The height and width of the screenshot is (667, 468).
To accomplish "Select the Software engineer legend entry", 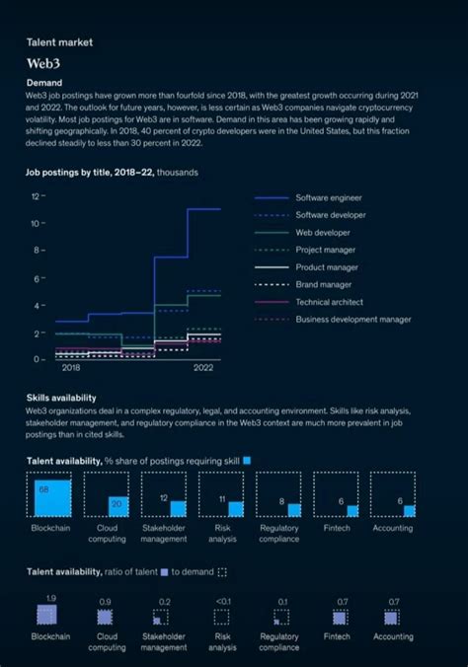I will tap(330, 197).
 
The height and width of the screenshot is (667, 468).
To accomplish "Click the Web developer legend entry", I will tap(322, 232).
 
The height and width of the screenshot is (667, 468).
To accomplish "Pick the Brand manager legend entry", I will tap(325, 284).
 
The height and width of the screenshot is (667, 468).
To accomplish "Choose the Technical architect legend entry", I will tap(329, 302).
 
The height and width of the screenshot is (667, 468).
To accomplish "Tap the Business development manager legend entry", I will tap(352, 319).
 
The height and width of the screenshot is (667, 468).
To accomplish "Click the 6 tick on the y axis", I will tap(38, 278).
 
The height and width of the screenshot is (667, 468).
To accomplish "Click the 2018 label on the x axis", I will tap(71, 367).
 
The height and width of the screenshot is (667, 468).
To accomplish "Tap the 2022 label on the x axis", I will tap(203, 367).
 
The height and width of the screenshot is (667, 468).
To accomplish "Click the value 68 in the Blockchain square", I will tap(43, 488).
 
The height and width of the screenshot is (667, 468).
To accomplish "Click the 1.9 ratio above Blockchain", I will tap(50, 599).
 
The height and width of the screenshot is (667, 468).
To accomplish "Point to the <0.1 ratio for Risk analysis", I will tap(222, 601).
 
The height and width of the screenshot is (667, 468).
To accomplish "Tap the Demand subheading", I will tap(44, 82).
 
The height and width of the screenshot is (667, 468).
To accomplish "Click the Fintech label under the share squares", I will tap(336, 528).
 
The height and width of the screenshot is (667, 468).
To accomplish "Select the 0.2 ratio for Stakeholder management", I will tap(164, 601).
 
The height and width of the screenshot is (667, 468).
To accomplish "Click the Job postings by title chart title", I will tap(112, 173).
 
